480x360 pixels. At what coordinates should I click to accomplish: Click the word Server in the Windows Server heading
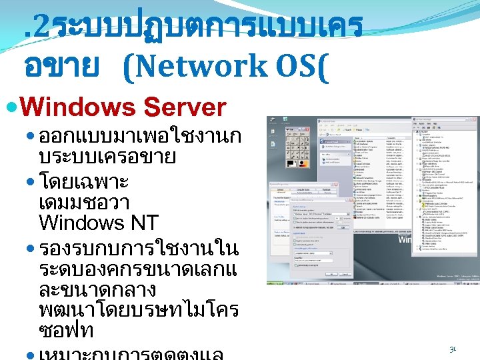(185, 107)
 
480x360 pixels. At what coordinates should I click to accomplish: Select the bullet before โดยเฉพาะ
(32, 180)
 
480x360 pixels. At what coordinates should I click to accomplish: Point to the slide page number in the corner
(453, 349)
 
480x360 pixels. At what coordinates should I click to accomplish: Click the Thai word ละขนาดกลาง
(97, 290)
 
